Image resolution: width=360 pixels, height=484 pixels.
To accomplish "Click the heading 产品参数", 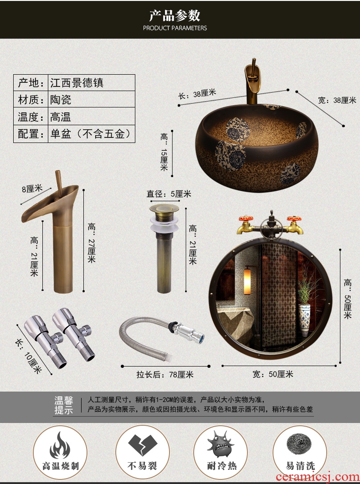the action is pos(175,15).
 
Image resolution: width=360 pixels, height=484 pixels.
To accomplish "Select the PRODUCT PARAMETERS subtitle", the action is pos(175,28).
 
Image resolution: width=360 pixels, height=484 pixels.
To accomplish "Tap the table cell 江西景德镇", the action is pos(77,83).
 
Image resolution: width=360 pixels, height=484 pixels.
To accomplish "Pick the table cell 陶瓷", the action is pos(61,99).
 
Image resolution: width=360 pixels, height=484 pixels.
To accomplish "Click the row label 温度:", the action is pos(31,117).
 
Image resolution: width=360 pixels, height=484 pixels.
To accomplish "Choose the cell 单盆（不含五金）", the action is pos(91,134).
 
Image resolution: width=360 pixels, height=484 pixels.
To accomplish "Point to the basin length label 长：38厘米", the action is pos(197,94).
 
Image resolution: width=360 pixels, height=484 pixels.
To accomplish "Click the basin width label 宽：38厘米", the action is pos(337,100).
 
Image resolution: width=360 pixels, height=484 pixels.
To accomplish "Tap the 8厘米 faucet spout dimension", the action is pos(32,189).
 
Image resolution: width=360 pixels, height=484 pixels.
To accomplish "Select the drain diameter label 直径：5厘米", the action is pos(169,194).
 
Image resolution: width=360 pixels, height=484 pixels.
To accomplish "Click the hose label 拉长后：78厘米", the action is pos(165,374).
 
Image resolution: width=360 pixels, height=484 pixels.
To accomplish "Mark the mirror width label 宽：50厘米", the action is pos(273,374).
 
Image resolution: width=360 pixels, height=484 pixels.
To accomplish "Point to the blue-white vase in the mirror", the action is pos(304,320).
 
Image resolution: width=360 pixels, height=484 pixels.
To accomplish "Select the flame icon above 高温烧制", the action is pos(60,445).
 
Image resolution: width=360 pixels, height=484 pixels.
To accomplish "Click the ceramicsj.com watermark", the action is pos(318,477).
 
